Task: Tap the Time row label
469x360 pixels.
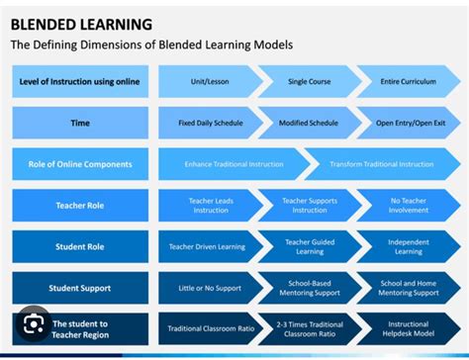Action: [x=80, y=123]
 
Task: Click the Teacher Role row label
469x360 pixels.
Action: [x=80, y=206]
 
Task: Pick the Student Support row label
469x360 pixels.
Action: [x=80, y=288]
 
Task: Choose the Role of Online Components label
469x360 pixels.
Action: [x=80, y=164]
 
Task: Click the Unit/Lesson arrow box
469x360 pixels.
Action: [x=208, y=81]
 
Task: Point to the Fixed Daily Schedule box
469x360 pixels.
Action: [x=208, y=123]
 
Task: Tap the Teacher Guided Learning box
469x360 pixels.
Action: [x=309, y=246]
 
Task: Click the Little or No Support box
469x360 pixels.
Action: [x=208, y=288]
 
